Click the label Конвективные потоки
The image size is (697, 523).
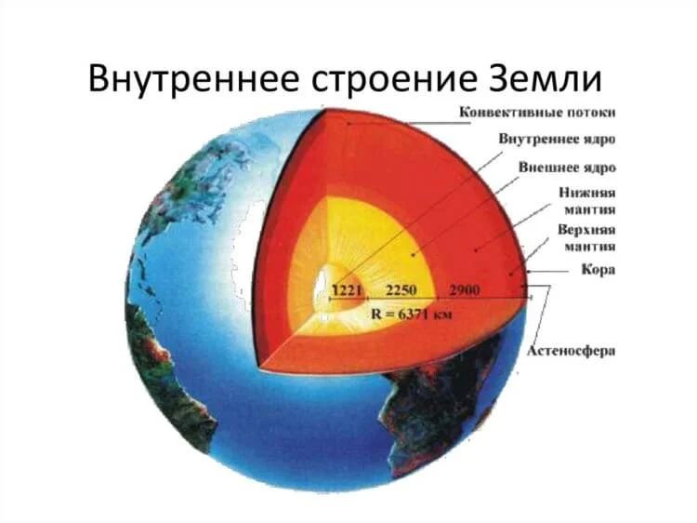(540, 114)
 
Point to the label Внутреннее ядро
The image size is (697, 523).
(558, 140)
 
